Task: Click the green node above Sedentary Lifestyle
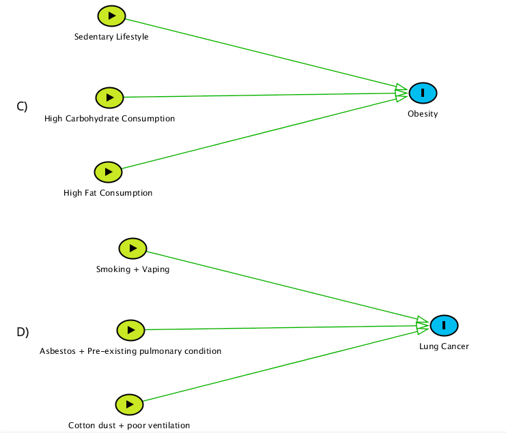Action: point(111,16)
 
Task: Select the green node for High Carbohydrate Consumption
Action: point(109,98)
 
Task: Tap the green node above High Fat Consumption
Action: point(108,172)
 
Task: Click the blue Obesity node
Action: point(423,93)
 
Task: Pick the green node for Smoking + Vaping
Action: point(132,248)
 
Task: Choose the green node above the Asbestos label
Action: point(130,330)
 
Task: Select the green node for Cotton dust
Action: point(129,404)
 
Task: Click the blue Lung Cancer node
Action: point(443,325)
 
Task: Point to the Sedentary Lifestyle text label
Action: point(111,37)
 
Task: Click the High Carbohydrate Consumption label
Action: point(109,119)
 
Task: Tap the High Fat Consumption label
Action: point(108,193)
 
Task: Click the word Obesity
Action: point(423,114)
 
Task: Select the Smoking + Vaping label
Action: point(132,269)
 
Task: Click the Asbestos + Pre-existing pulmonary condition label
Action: point(130,351)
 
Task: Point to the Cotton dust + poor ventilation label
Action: point(129,425)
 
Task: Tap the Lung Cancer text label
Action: point(444,346)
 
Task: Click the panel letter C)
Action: point(22,106)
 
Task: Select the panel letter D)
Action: point(23,333)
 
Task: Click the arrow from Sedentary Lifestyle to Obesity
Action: point(259,53)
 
